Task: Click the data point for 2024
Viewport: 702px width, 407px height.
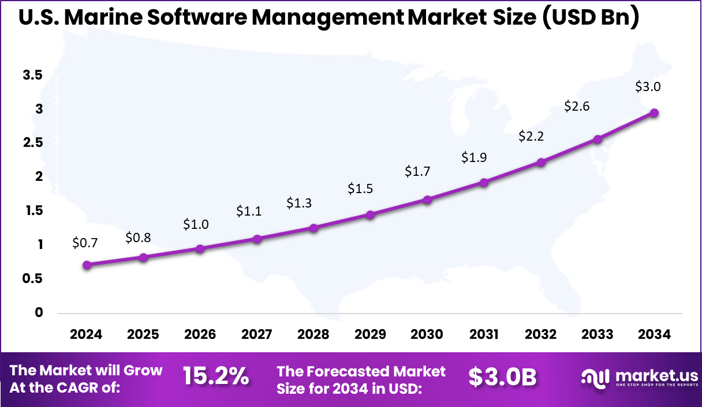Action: click(x=87, y=265)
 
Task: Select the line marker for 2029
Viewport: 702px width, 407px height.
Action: click(x=371, y=215)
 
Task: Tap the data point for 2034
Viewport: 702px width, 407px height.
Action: click(x=654, y=113)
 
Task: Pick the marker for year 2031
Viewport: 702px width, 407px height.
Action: click(x=484, y=183)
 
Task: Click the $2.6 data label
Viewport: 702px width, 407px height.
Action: click(x=577, y=107)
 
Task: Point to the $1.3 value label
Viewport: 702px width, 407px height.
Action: click(x=299, y=203)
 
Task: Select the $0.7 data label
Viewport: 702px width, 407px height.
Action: click(x=85, y=243)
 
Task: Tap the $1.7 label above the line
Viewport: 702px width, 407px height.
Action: click(x=417, y=171)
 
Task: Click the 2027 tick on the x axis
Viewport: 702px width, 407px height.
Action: click(x=257, y=335)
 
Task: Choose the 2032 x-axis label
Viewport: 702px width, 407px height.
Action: click(x=541, y=335)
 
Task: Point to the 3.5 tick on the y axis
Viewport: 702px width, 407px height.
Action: click(x=32, y=76)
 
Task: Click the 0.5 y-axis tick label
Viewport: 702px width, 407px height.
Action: click(x=32, y=279)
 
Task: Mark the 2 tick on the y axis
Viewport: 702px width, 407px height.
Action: click(x=39, y=177)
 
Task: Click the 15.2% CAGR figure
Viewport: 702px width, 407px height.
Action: click(x=216, y=376)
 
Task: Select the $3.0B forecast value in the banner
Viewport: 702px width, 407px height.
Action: click(x=502, y=376)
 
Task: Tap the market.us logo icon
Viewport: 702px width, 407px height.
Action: click(x=595, y=378)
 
